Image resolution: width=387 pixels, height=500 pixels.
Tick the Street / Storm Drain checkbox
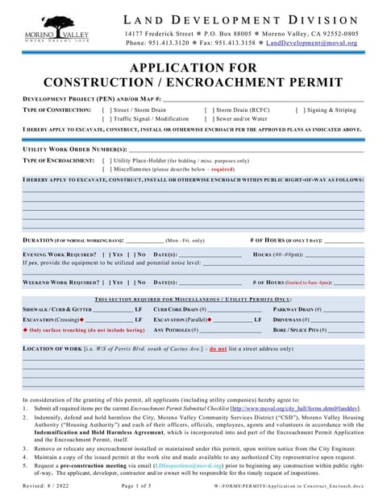pyautogui.click(x=106, y=110)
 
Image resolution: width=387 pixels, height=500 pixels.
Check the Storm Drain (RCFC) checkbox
pyautogui.click(x=207, y=110)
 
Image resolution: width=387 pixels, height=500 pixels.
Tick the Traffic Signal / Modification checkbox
pyautogui.click(x=106, y=118)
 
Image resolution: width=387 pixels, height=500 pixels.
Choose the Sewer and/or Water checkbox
pyautogui.click(x=207, y=118)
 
